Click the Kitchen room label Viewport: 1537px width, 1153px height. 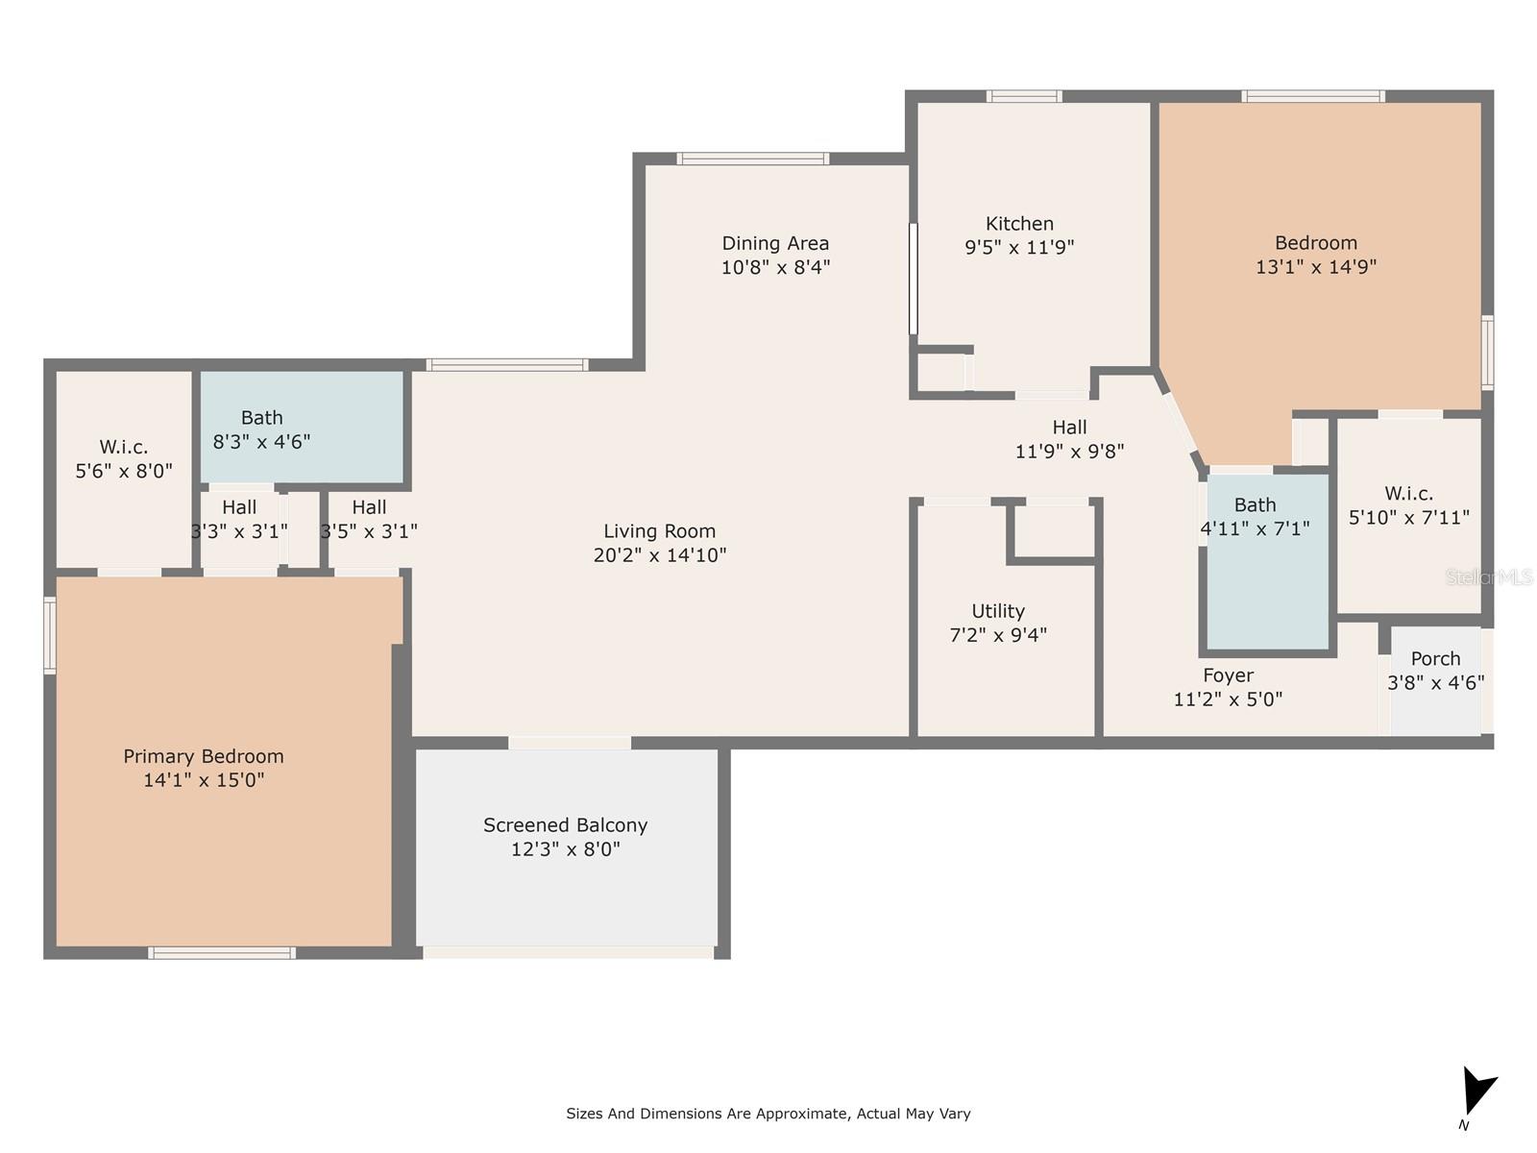coord(1019,224)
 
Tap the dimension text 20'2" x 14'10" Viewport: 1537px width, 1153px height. coord(660,555)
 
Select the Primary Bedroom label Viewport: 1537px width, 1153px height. coord(204,756)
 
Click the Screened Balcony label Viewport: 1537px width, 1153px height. coord(565,825)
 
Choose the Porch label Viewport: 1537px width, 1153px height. coord(1435,659)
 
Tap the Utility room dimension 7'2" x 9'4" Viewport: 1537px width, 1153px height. coord(998,635)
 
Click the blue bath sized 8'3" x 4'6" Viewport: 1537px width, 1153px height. coord(302,428)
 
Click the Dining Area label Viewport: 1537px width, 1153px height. coord(775,244)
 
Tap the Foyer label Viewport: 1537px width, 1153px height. coord(1228,675)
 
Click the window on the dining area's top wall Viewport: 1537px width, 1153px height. coord(752,159)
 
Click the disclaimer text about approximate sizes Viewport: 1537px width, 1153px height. coord(768,1114)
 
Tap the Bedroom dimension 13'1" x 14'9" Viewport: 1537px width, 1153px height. coord(1315,267)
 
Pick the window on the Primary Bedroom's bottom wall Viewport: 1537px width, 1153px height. coord(221,953)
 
